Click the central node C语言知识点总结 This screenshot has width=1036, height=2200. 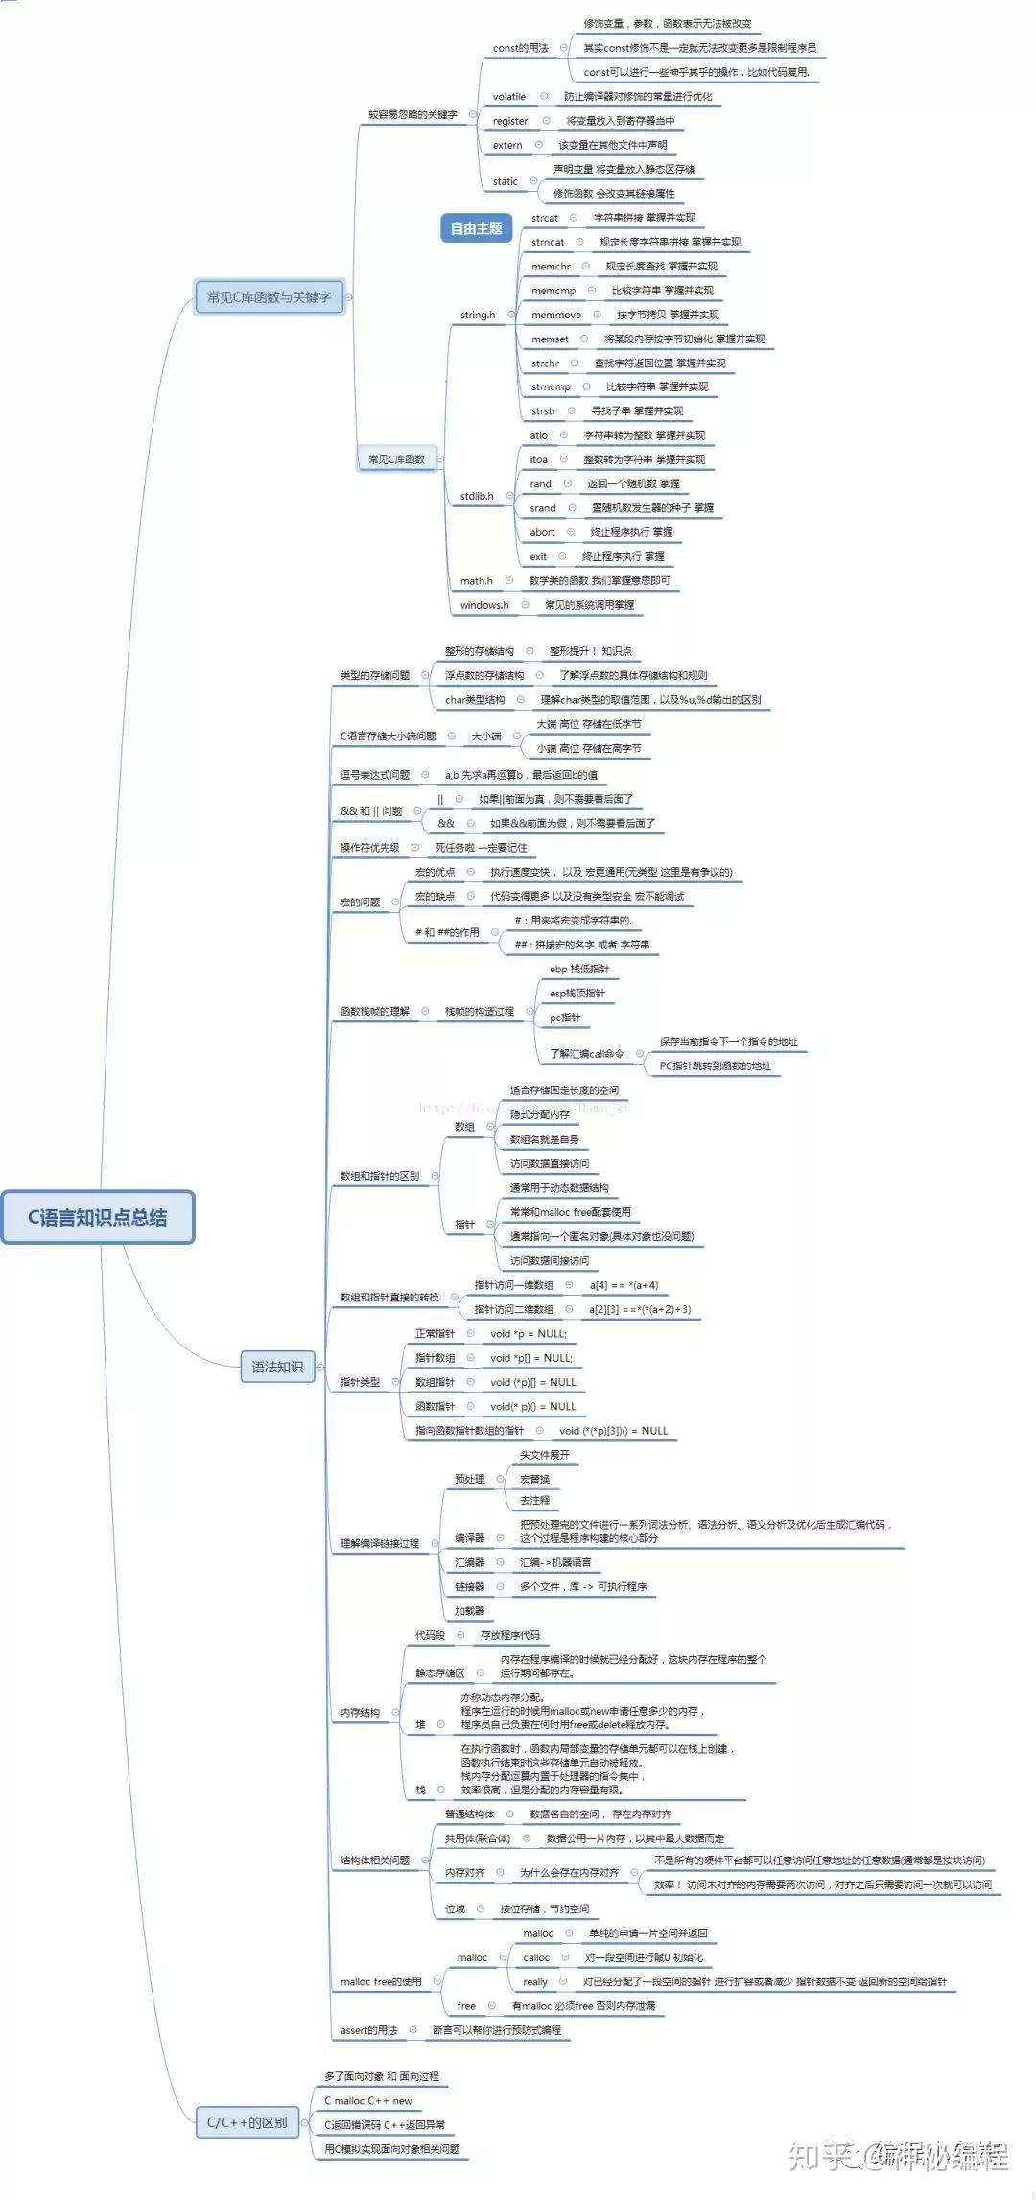click(97, 1217)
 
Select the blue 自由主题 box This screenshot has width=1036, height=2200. click(476, 228)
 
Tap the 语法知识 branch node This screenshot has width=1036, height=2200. click(277, 1367)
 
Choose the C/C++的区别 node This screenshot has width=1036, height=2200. click(247, 2122)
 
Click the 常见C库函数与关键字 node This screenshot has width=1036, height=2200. click(269, 297)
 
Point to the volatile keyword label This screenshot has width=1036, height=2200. click(509, 97)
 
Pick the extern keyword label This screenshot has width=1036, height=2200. click(507, 146)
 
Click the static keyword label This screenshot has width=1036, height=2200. click(506, 181)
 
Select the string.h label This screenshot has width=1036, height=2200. click(478, 315)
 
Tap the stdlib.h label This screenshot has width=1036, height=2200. click(477, 496)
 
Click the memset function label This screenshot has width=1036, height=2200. click(550, 339)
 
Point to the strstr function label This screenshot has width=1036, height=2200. click(544, 411)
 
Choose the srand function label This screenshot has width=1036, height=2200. click(543, 508)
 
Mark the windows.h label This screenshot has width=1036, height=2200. click(484, 605)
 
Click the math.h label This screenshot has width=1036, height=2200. click(477, 581)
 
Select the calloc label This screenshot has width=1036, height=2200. click(536, 1957)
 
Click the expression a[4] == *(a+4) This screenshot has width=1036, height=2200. click(624, 1285)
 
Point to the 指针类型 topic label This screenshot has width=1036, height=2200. click(360, 1382)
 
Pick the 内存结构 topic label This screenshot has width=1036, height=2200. click(360, 1713)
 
